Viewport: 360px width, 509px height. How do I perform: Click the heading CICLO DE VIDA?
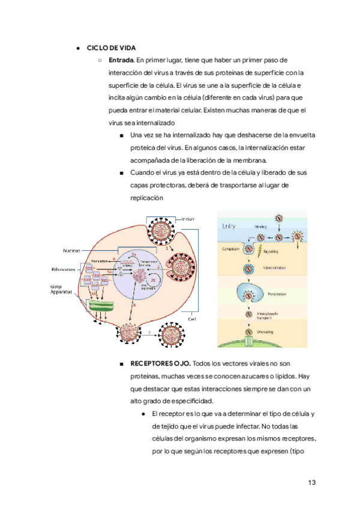pos(111,47)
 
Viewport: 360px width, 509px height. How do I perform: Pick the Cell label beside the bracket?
pos(193,319)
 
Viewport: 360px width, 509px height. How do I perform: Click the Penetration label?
pos(277,294)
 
